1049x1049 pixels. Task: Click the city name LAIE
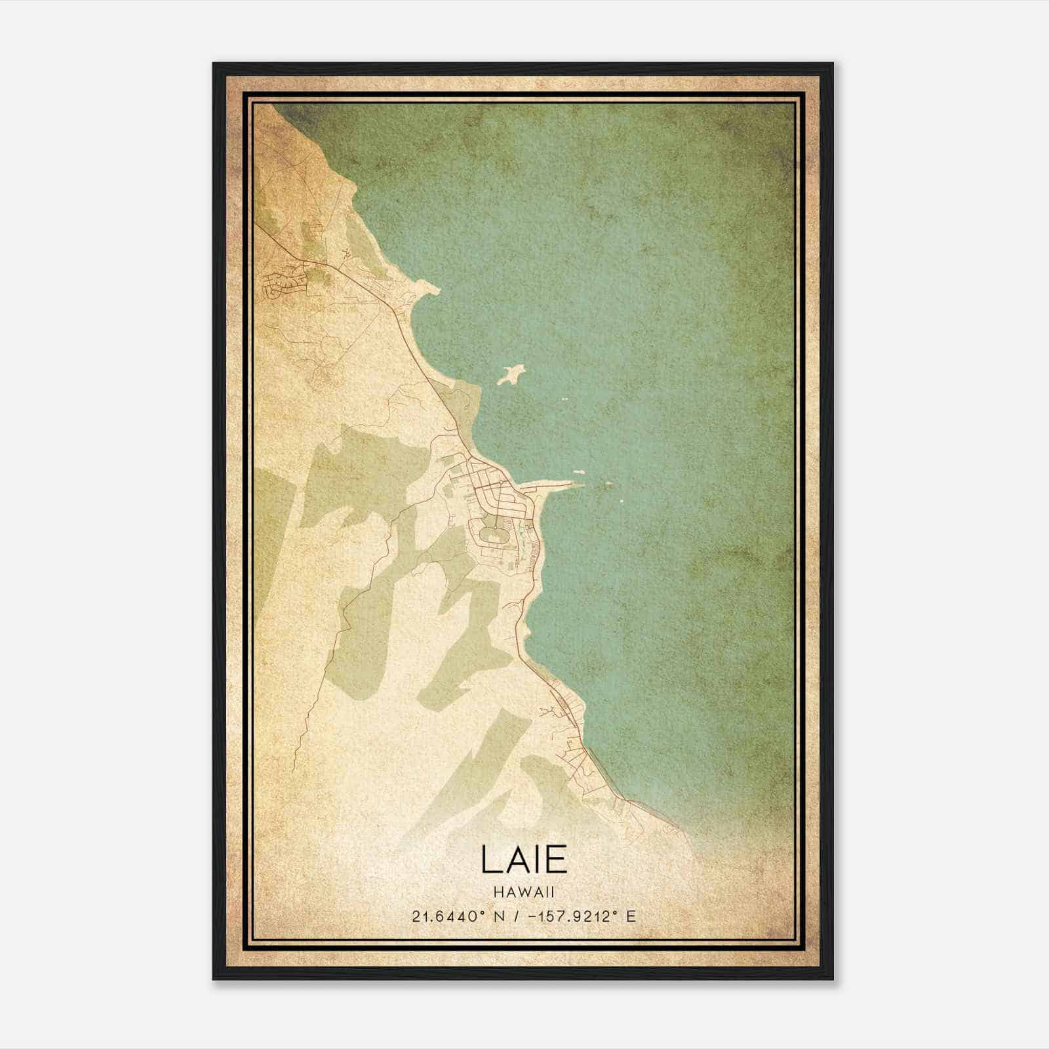[524, 859]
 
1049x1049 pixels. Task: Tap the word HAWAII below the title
[524, 892]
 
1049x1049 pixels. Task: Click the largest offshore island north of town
[512, 375]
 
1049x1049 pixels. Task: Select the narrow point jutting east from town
[557, 486]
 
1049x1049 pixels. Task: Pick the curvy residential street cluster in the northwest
[285, 282]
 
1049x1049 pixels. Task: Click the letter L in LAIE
[489, 859]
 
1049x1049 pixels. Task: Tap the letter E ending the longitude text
[631, 917]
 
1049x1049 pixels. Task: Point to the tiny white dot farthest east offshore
[622, 502]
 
